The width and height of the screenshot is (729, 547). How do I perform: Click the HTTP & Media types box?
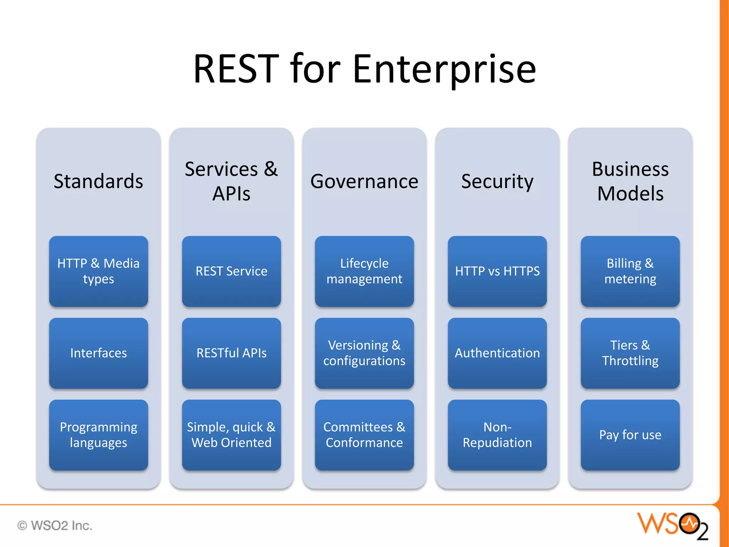coord(98,271)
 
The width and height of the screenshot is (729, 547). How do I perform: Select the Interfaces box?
coord(98,353)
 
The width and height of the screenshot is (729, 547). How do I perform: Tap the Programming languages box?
coord(98,435)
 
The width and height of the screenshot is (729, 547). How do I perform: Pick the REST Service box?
coord(231,271)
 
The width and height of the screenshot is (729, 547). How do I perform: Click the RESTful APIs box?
coord(231,353)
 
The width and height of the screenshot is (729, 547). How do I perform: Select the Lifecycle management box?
coord(364,271)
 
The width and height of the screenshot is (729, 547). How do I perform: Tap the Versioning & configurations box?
coord(364,353)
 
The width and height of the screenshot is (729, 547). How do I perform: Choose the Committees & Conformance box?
coord(364,435)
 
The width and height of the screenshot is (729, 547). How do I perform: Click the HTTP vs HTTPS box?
coord(497,271)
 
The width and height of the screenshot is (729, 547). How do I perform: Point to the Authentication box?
coord(497,353)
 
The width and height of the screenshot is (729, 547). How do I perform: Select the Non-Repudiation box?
coord(497,435)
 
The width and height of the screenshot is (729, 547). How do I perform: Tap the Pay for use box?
coord(630,435)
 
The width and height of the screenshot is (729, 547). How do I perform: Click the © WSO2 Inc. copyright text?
coord(55,525)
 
